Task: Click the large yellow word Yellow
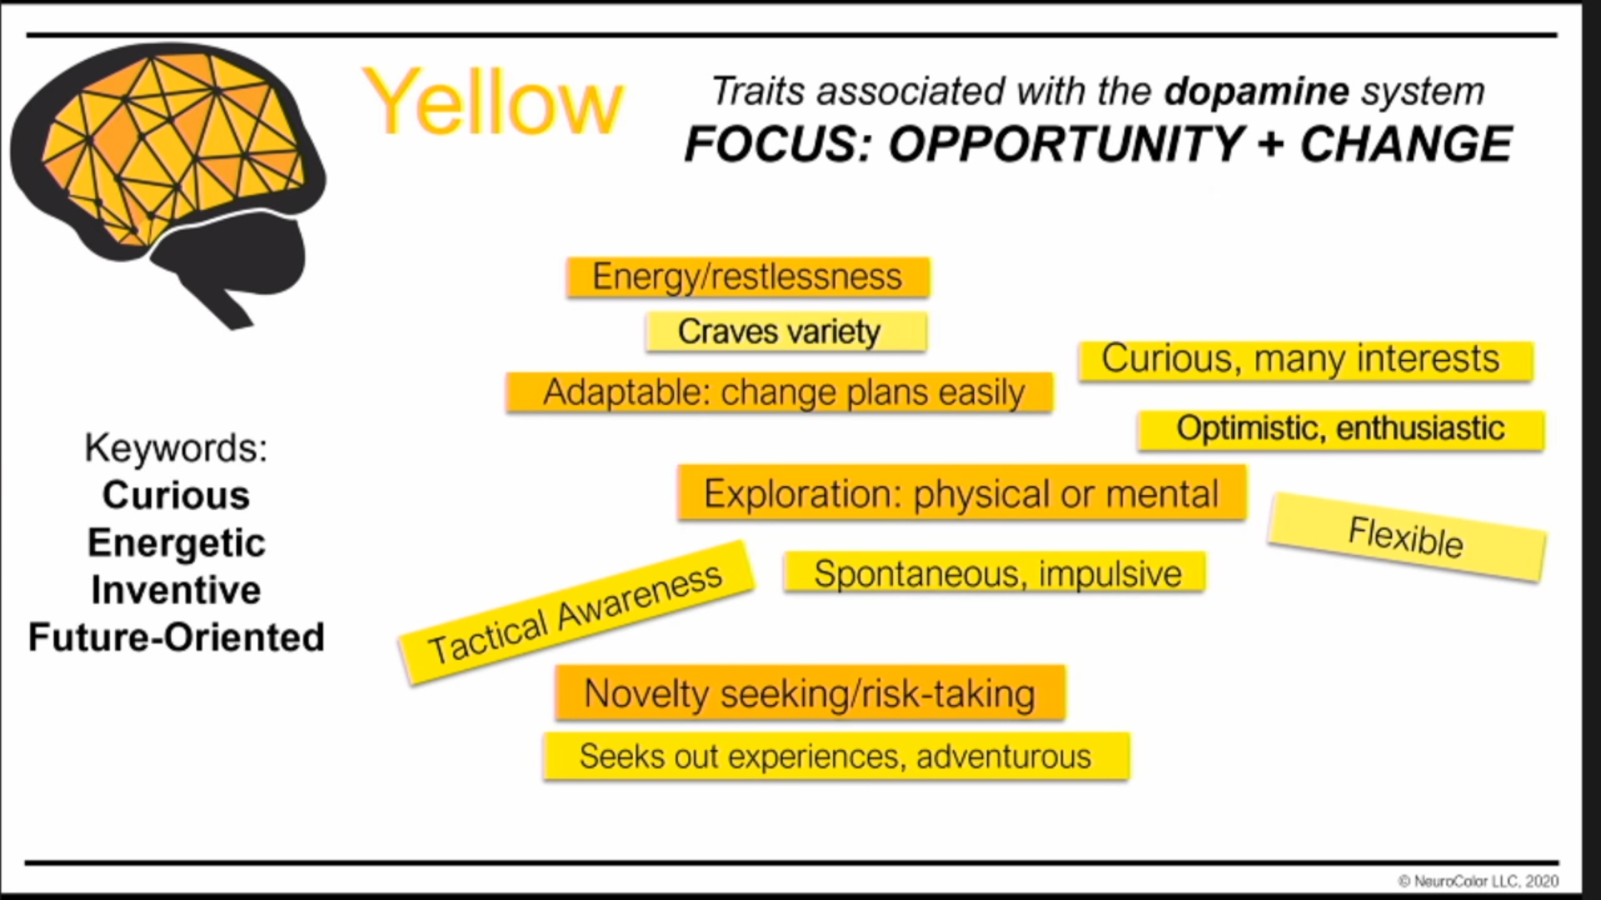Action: click(493, 102)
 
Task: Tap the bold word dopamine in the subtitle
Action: click(1257, 91)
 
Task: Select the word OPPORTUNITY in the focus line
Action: click(1066, 143)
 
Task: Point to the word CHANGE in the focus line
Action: click(1406, 143)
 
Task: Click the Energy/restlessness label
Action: click(748, 277)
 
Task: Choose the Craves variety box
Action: click(786, 332)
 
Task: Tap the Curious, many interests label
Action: click(1306, 361)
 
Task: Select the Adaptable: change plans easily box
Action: click(780, 392)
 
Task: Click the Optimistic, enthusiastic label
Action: click(1342, 430)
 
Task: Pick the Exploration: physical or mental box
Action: click(962, 493)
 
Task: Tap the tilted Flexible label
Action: click(1407, 537)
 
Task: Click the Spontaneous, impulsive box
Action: click(995, 572)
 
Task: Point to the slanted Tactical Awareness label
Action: click(575, 613)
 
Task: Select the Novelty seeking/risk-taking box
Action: click(811, 692)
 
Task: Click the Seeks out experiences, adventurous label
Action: click(836, 757)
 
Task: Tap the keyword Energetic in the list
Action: click(176, 543)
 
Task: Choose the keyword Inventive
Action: click(176, 590)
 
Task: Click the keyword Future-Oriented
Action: click(176, 637)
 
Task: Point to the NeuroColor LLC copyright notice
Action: click(1478, 881)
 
